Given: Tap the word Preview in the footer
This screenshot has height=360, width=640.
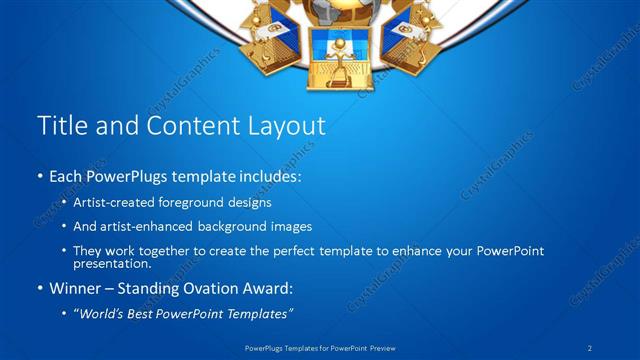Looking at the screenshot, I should [381, 348].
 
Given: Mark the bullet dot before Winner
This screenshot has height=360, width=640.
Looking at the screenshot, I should [40, 290].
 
